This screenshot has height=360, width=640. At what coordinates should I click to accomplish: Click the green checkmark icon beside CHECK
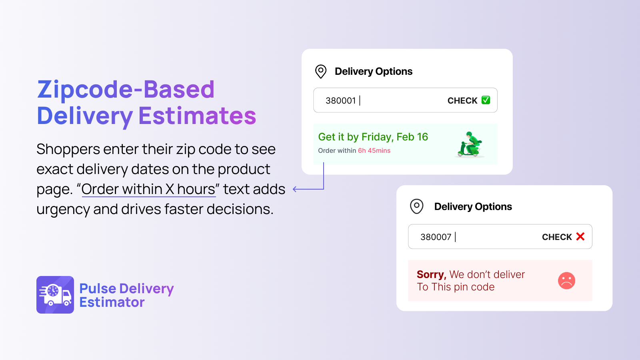click(x=486, y=100)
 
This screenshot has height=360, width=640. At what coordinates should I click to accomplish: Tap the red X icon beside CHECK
click(x=580, y=236)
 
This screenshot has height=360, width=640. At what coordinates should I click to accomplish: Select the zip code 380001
click(x=340, y=100)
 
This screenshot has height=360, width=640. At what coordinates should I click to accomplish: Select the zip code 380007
click(x=436, y=237)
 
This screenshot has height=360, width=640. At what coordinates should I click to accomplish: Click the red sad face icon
click(x=566, y=280)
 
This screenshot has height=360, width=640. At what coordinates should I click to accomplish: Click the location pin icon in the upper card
click(x=320, y=72)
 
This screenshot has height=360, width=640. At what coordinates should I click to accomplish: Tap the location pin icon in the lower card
click(x=416, y=206)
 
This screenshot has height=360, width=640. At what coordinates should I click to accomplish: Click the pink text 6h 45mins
click(x=374, y=150)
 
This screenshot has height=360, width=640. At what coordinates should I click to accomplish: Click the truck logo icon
click(x=55, y=295)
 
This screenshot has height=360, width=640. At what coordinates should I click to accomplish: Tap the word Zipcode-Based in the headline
click(x=126, y=90)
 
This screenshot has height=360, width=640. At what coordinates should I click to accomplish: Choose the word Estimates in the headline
click(x=197, y=116)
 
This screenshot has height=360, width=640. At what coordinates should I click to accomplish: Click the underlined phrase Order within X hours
click(x=148, y=189)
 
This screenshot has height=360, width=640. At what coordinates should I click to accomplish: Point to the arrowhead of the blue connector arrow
click(x=294, y=189)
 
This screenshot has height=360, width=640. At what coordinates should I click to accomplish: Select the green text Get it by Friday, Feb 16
click(x=373, y=137)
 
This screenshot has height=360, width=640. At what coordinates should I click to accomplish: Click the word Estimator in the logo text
click(x=112, y=302)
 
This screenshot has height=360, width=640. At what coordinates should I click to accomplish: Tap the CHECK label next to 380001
click(x=462, y=100)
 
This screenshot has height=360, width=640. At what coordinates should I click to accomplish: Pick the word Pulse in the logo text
click(x=97, y=288)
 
